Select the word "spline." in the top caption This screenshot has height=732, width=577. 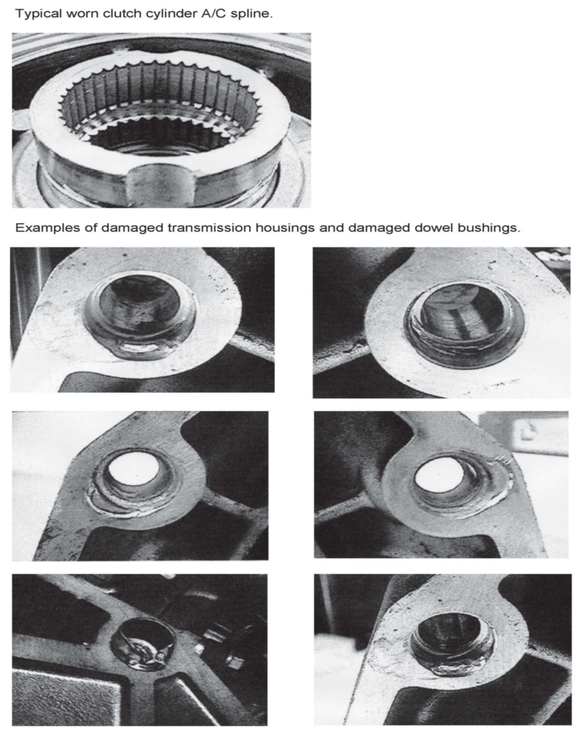[x=252, y=14]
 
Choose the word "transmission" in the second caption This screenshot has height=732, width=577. [x=210, y=228]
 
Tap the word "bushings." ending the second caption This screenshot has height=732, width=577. [x=489, y=228]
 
